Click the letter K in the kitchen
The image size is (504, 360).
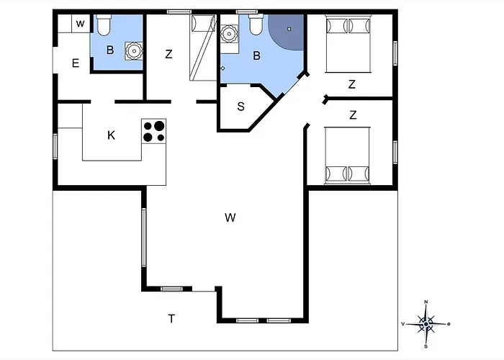point(111,135)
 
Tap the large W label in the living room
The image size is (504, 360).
point(230,217)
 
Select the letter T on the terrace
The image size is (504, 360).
point(171,318)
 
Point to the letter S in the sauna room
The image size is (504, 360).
point(240,107)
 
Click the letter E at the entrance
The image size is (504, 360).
point(76,63)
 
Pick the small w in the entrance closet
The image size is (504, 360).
point(81,24)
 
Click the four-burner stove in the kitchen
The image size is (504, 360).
point(153,131)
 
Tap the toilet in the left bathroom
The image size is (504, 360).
point(104,25)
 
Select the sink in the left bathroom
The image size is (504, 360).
point(133,51)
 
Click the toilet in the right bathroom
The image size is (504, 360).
point(256,24)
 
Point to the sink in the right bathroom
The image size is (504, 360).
point(229,33)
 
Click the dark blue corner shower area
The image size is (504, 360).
point(287,31)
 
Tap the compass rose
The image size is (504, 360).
point(426,324)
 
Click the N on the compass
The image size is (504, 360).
point(426,302)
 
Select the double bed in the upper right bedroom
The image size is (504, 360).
point(348,43)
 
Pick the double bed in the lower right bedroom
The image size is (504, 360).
point(347,156)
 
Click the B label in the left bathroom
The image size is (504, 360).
point(110,50)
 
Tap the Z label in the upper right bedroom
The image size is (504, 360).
point(352,84)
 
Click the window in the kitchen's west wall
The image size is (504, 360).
point(55,147)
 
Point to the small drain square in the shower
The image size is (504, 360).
point(289,29)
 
